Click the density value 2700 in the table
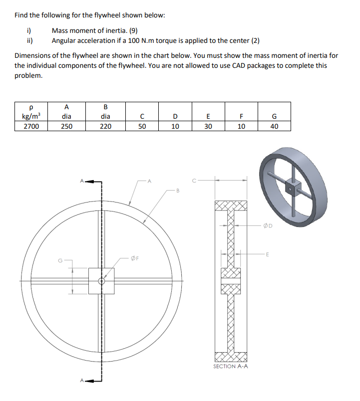coord(31,126)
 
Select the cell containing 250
coord(66,126)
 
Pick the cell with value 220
coord(105,126)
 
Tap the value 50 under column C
coord(142,126)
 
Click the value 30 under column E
coord(208,126)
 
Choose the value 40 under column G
coord(274,126)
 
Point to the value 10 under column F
coord(241,126)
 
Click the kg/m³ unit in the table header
coord(31,117)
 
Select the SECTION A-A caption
coord(231,366)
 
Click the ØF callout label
coord(134,258)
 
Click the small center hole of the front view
coord(101,281)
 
